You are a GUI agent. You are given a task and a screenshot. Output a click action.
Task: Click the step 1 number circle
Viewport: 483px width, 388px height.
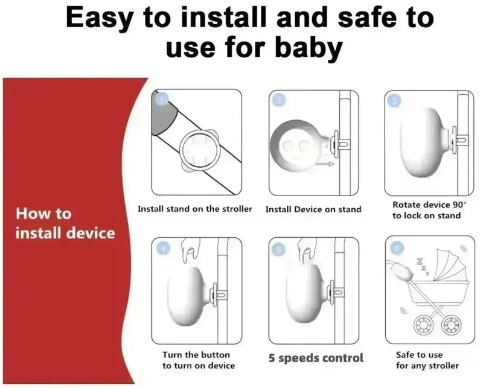tap(162, 99)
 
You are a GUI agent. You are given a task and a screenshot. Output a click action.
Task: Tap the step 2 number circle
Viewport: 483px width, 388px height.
tap(279, 100)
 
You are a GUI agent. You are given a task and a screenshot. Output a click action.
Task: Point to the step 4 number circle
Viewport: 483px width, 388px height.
tap(163, 248)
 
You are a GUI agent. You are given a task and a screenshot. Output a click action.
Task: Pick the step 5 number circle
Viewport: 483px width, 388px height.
tap(278, 250)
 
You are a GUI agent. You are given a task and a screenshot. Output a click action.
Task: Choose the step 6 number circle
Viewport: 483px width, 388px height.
tap(397, 249)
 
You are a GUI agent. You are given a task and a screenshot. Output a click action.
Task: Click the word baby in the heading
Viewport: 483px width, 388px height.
tap(309, 48)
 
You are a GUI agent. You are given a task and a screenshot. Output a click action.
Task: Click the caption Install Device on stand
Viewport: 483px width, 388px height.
tap(313, 209)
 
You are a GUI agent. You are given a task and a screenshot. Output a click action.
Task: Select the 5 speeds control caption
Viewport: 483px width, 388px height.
tap(316, 358)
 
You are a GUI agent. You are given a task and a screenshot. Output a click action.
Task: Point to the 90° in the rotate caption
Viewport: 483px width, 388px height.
tap(459, 205)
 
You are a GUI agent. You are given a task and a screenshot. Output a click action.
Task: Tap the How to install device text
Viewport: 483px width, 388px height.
tap(65, 223)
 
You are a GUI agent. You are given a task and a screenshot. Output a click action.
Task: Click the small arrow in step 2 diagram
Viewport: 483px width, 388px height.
tap(325, 164)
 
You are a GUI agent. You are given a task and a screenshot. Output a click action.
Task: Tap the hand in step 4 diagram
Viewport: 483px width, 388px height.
tap(190, 250)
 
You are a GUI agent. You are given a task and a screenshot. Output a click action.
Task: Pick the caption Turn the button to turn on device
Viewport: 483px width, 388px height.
tap(199, 360)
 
